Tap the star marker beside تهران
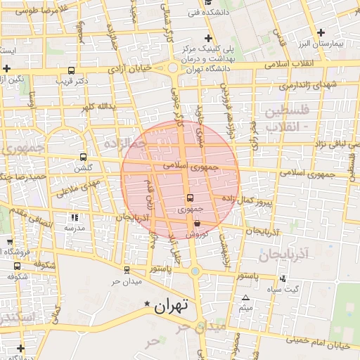click(x=147, y=304)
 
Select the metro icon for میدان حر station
click(x=127, y=269)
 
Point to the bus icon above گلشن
click(x=84, y=157)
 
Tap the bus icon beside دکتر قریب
click(x=71, y=71)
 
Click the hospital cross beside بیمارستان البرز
click(x=321, y=32)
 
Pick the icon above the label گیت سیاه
click(x=283, y=278)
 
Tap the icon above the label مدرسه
click(x=75, y=218)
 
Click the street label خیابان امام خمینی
click(x=323, y=344)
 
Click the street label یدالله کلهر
click(x=97, y=108)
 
